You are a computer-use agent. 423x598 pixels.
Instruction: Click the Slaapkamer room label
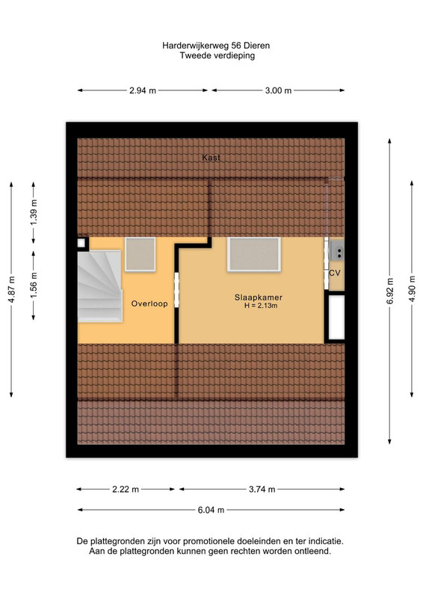click(259, 298)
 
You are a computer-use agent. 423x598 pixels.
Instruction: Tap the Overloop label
click(149, 303)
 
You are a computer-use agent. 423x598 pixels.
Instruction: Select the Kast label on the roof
click(211, 158)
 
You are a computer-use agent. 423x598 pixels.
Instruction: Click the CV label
click(335, 273)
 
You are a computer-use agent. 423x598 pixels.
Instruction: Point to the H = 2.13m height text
click(261, 306)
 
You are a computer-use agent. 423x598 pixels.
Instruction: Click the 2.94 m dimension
click(143, 90)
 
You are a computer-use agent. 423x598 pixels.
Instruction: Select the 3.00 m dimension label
click(279, 90)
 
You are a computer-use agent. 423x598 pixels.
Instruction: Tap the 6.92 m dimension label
click(390, 292)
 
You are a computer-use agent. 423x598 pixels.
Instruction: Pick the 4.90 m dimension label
click(412, 289)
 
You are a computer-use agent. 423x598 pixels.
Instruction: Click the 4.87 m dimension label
click(11, 290)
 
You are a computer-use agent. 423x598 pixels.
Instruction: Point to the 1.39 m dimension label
click(34, 212)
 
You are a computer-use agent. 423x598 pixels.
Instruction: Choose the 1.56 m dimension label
click(34, 285)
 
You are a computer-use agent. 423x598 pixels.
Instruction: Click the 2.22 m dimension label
click(126, 490)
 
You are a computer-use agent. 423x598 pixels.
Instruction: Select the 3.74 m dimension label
click(262, 490)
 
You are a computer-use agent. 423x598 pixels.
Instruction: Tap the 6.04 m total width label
click(211, 510)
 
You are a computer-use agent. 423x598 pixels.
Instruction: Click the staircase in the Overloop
click(100, 286)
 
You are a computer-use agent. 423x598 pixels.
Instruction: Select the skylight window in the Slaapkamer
click(254, 254)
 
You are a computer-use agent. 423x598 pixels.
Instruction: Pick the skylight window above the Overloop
click(141, 254)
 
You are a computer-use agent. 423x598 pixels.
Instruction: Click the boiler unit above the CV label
click(337, 250)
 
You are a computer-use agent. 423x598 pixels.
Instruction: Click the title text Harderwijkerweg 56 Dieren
click(216, 46)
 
